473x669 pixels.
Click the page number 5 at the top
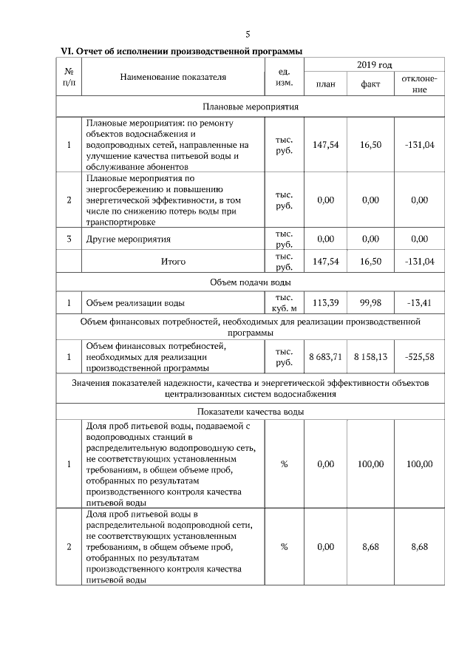[x=248, y=34]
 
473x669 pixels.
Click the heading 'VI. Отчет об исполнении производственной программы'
[x=182, y=51]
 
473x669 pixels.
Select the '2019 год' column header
[x=374, y=66]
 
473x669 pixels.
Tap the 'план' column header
[x=325, y=84]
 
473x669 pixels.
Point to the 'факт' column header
[x=370, y=84]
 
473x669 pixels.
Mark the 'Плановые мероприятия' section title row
[x=251, y=106]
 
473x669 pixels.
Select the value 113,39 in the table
[x=325, y=302]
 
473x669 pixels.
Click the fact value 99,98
[x=370, y=302]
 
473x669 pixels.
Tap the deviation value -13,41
[x=419, y=302]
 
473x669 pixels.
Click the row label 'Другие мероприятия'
[x=129, y=240]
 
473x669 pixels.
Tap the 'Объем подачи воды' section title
[x=251, y=282]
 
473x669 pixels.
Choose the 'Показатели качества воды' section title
[x=251, y=412]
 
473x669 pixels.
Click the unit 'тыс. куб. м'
[x=285, y=302]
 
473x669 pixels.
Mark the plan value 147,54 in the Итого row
[x=325, y=261]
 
